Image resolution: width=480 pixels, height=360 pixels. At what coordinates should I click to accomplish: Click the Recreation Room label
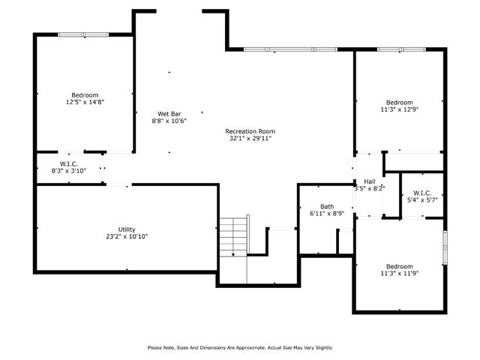click(250, 130)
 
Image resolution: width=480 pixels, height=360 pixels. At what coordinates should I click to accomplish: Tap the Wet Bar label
click(169, 113)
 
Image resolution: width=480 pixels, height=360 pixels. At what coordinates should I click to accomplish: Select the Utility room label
click(127, 229)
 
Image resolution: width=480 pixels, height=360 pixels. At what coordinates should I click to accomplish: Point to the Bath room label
click(327, 206)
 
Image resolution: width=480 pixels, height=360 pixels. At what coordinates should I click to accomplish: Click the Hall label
click(370, 181)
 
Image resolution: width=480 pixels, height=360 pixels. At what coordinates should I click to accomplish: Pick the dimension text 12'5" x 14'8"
click(85, 102)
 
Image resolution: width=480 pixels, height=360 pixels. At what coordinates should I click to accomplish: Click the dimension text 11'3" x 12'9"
click(399, 109)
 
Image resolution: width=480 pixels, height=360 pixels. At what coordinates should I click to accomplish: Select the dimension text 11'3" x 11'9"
click(399, 274)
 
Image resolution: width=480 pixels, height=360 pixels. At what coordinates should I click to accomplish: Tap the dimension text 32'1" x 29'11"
click(250, 138)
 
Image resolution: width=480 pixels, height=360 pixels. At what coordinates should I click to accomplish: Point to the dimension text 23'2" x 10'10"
click(127, 236)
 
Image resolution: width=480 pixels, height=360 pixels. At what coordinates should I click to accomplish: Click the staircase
click(233, 236)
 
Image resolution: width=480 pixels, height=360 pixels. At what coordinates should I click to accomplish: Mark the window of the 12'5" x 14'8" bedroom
click(84, 34)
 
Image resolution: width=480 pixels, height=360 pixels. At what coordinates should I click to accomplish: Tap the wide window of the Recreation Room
click(289, 50)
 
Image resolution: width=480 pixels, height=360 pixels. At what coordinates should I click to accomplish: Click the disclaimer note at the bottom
click(239, 347)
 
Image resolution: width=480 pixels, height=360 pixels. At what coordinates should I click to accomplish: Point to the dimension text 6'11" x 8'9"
click(327, 214)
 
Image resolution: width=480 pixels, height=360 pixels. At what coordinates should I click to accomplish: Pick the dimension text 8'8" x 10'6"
click(169, 121)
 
